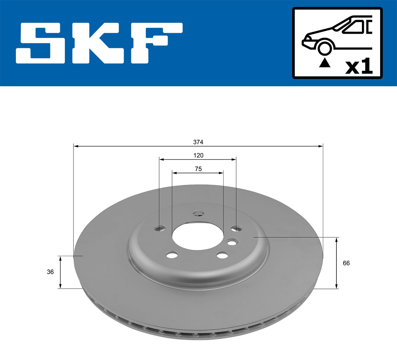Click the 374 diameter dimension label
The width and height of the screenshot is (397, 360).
coord(198,142)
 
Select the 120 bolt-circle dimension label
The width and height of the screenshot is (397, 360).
coord(198,155)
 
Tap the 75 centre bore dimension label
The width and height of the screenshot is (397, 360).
coord(198,169)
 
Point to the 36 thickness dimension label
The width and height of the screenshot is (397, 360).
coord(50,272)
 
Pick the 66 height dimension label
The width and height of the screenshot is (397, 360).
coord(346,263)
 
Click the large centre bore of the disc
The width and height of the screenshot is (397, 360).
coord(198,235)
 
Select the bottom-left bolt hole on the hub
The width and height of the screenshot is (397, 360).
coord(172,255)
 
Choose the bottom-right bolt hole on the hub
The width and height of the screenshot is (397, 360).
coord(222,255)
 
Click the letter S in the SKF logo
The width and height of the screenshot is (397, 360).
coord(41,43)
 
